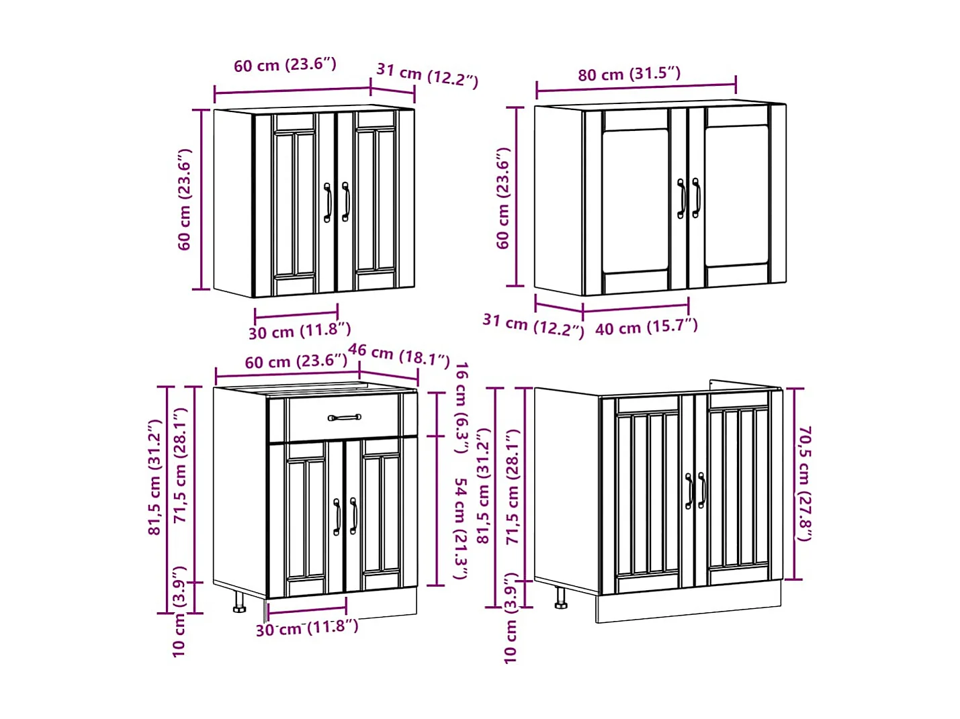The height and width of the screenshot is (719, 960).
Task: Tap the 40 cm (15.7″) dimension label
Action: (646, 327)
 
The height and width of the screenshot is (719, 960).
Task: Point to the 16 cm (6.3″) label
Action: (462, 408)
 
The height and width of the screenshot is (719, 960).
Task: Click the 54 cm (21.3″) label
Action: (462, 529)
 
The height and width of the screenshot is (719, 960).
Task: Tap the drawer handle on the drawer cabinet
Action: (345, 418)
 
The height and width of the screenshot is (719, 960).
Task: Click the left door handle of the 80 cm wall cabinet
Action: (681, 198)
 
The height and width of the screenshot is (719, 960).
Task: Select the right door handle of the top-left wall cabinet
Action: (345, 201)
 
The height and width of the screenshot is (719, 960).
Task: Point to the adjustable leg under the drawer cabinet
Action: (239, 602)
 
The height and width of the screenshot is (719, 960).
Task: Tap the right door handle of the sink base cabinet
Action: (701, 490)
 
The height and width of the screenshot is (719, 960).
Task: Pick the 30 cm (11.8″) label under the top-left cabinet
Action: (300, 331)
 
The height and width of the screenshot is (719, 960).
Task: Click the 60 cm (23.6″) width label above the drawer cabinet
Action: (296, 361)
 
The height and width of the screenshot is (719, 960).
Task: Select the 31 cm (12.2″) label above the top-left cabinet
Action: (427, 75)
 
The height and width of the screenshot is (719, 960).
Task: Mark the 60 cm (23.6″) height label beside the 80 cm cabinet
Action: (503, 198)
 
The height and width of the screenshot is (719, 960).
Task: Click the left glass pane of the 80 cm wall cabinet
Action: (635, 201)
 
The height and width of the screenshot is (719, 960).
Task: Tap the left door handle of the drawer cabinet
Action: (337, 517)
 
